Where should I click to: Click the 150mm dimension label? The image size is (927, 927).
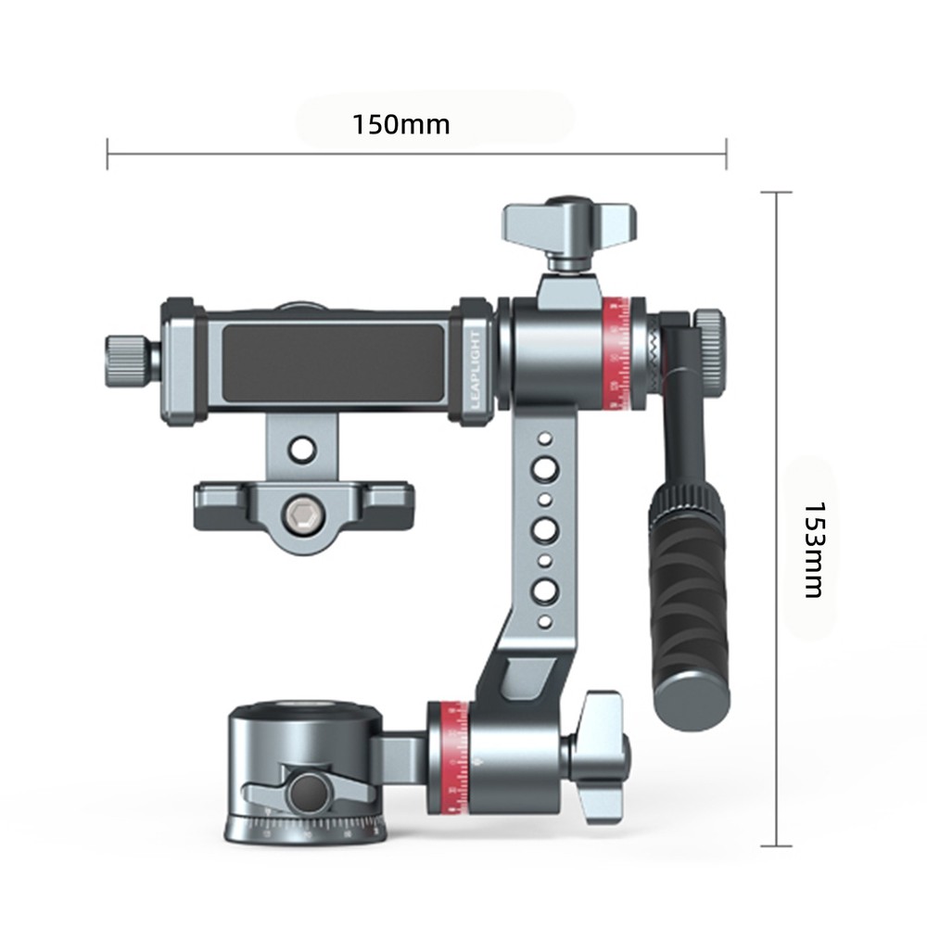click(400, 124)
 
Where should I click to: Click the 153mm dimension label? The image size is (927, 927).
click(813, 550)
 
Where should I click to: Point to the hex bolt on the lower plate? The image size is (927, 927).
click(299, 515)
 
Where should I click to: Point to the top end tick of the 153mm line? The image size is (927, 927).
click(776, 192)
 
